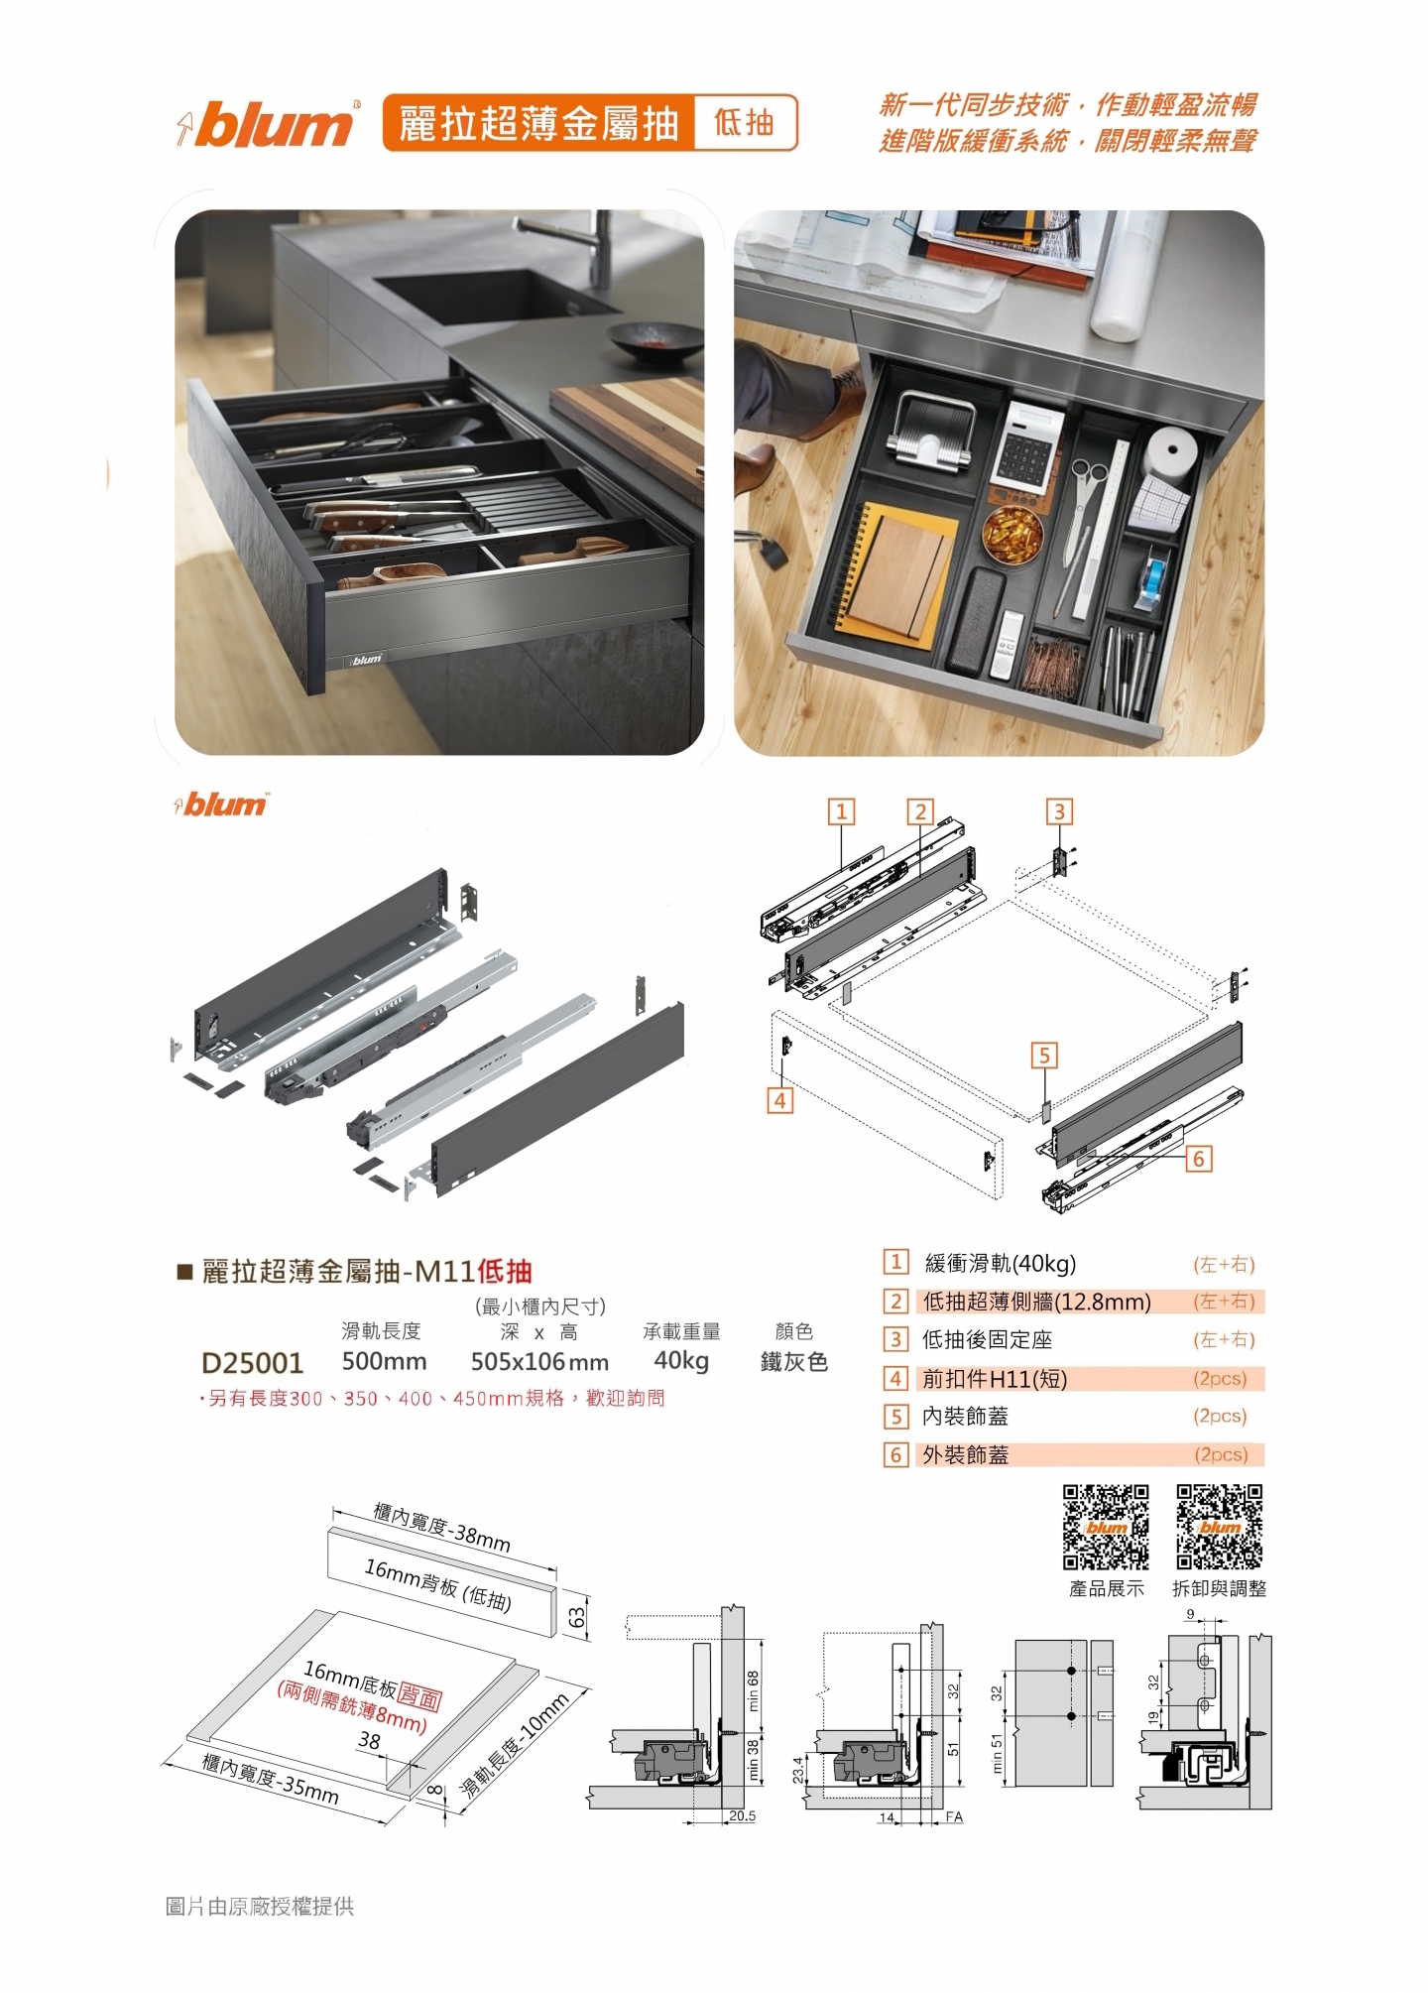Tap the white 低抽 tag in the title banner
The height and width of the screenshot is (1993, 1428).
pyautogui.click(x=745, y=123)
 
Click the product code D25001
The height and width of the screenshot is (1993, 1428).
pyautogui.click(x=252, y=1363)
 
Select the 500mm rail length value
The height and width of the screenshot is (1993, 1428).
pyautogui.click(x=385, y=1361)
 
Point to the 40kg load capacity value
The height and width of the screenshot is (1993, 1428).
pyautogui.click(x=681, y=1361)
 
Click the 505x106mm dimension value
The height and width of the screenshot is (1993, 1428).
pyautogui.click(x=539, y=1362)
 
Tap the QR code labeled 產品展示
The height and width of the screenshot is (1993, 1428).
pyautogui.click(x=1106, y=1527)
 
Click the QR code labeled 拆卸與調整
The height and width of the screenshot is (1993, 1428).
pyautogui.click(x=1220, y=1527)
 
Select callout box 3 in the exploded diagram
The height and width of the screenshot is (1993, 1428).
pyautogui.click(x=1059, y=811)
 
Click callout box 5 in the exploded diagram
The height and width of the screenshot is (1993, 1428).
pyautogui.click(x=1044, y=1056)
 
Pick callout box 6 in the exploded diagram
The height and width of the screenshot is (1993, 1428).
pyautogui.click(x=1198, y=1159)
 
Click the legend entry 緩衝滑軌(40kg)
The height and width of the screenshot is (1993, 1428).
pyautogui.click(x=1000, y=1264)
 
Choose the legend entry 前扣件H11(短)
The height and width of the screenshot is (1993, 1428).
pyautogui.click(x=995, y=1379)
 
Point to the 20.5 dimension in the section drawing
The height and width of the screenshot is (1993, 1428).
pyautogui.click(x=742, y=1816)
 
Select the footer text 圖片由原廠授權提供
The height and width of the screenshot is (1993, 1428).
pyautogui.click(x=260, y=1906)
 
